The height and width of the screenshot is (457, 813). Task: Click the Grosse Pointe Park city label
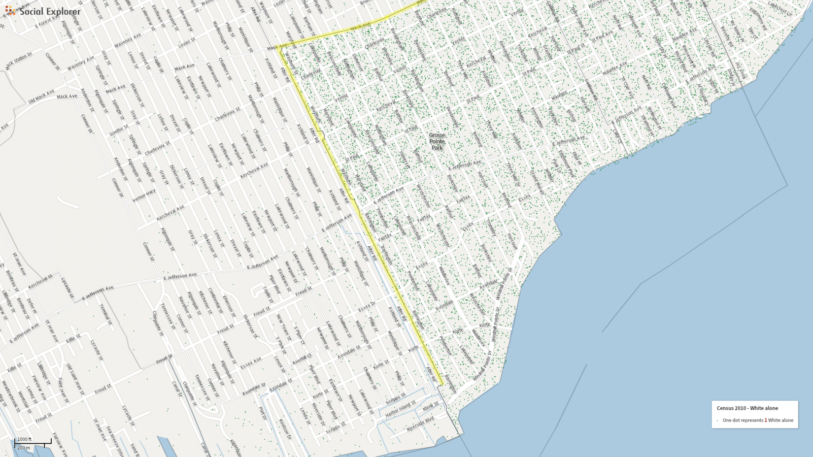437,141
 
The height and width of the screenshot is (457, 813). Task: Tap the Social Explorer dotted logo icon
10,10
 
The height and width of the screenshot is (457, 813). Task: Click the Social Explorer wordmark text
50,11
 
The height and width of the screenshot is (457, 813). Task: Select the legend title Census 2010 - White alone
747,408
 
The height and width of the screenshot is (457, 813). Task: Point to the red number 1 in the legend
765,420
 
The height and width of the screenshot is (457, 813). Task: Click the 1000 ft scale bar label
24,439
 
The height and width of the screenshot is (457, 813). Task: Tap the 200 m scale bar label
24,448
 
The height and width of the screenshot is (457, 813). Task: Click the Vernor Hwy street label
144,196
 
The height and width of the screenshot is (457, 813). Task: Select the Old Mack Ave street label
41,97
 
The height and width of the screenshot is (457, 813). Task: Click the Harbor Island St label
400,410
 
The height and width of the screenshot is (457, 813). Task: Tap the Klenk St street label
430,406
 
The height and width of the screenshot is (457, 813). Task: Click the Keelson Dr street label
285,429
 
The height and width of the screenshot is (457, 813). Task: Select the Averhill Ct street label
302,358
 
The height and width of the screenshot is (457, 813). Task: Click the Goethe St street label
118,131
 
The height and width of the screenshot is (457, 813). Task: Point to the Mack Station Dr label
18,60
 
